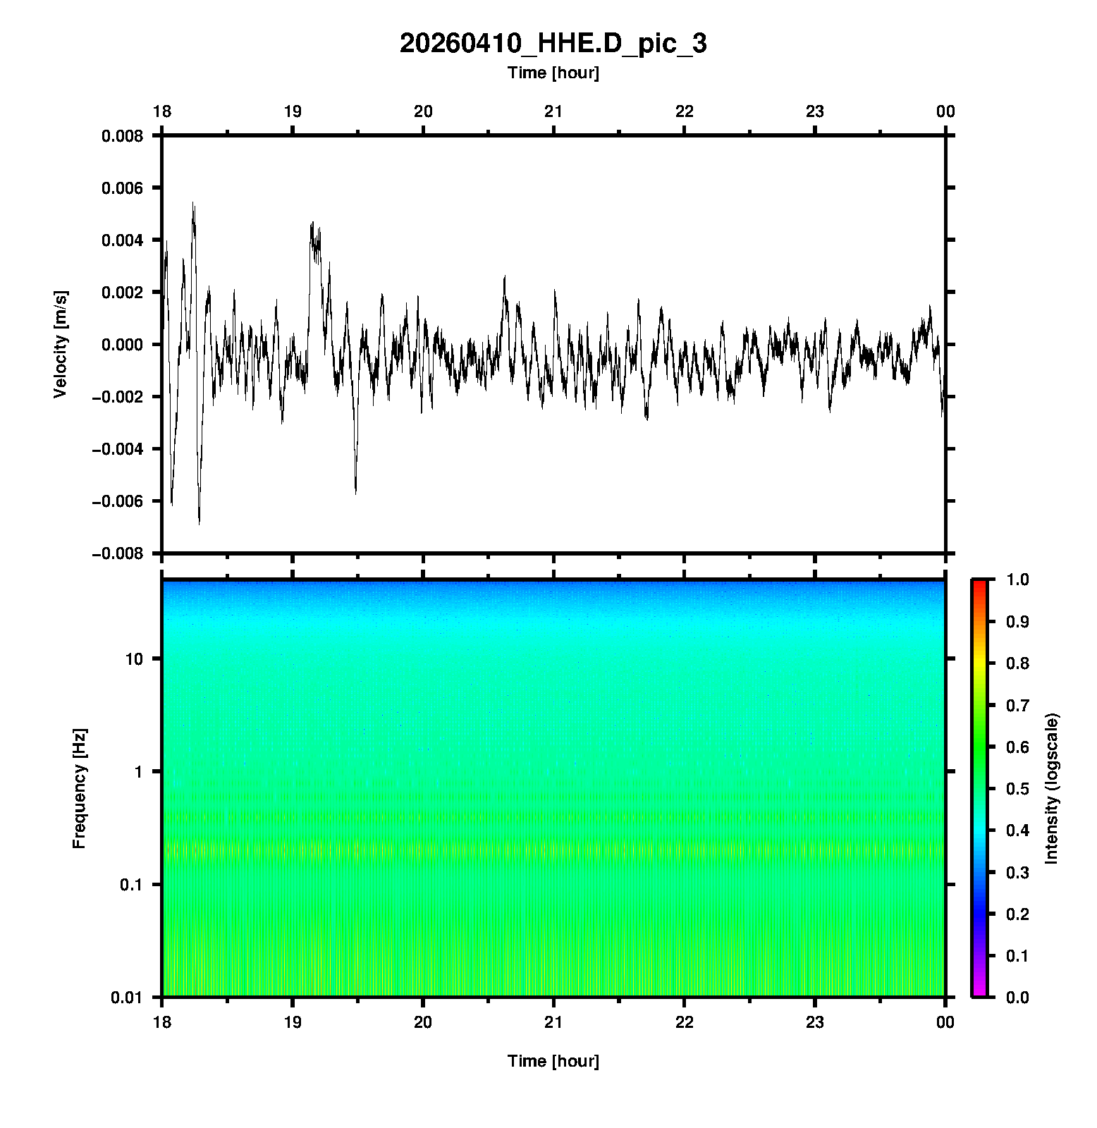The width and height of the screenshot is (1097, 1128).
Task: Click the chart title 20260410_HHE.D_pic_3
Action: point(553,44)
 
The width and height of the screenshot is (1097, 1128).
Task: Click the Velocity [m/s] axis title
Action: point(61,344)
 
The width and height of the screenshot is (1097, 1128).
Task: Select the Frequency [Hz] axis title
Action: point(79,788)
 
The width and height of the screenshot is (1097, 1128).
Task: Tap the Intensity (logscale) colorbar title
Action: point(1052,788)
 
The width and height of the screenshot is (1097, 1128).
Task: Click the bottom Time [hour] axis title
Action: point(553,1061)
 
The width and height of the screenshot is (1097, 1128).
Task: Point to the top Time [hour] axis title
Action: point(553,73)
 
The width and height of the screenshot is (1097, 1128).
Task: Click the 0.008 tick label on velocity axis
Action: point(122,136)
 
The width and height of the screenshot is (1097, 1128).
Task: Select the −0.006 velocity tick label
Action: point(117,501)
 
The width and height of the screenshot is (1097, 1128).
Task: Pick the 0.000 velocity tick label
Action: point(122,345)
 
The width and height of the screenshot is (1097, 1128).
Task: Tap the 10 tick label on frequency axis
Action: point(134,659)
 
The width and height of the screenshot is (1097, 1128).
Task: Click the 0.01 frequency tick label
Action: point(127,997)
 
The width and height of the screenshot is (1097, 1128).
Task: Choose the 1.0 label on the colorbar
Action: point(1019,580)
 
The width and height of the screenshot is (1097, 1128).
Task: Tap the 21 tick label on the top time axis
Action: point(553,111)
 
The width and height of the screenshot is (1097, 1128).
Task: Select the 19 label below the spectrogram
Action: point(293,1022)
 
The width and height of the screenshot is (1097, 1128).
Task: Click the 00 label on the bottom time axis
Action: point(945,1022)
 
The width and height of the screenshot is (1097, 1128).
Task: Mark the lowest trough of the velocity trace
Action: point(199,524)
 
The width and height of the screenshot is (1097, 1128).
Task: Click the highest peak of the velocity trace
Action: point(193,203)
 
